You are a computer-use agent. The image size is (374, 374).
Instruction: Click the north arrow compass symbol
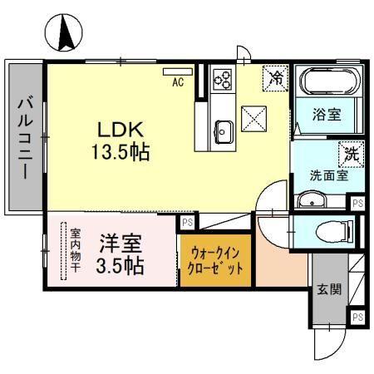click(63, 33)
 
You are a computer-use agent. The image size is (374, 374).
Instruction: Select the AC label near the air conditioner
click(178, 82)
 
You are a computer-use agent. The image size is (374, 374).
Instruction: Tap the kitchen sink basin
click(224, 129)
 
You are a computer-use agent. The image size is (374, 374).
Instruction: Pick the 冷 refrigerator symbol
click(275, 77)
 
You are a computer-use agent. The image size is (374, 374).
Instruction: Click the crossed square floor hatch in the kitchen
click(253, 119)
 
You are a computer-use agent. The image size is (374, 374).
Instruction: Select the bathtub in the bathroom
click(330, 82)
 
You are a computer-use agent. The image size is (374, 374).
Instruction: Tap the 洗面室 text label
click(329, 176)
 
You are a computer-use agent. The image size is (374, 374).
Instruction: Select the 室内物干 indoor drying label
click(75, 253)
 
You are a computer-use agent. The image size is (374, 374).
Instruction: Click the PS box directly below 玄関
click(357, 317)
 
